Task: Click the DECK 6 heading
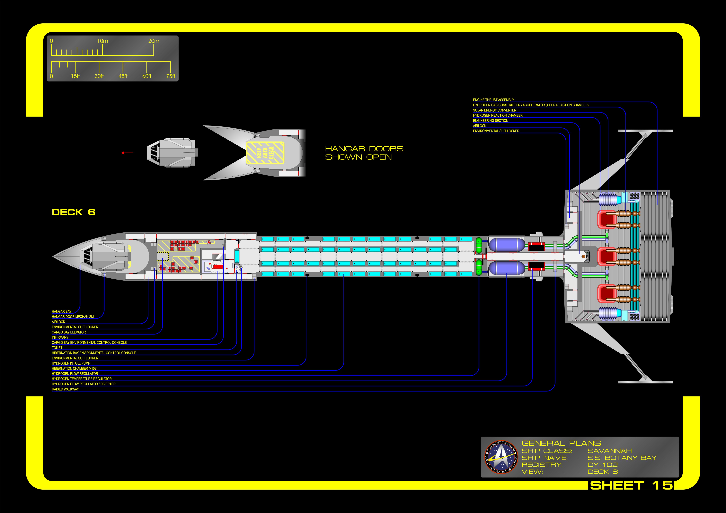coord(73,212)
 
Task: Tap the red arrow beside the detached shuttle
coord(127,153)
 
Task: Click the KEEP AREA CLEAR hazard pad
coord(265,153)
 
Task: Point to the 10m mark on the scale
coord(103,41)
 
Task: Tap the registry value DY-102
coord(602,465)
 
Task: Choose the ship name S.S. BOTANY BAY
coord(622,458)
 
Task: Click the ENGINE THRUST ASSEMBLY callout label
coord(493,100)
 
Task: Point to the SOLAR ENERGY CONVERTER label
coord(495,110)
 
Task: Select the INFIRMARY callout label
coord(60,337)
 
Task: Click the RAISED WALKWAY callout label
coord(65,389)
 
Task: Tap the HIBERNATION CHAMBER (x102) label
coord(75,368)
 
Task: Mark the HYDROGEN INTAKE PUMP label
coord(71,363)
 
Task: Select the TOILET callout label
coord(57,348)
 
